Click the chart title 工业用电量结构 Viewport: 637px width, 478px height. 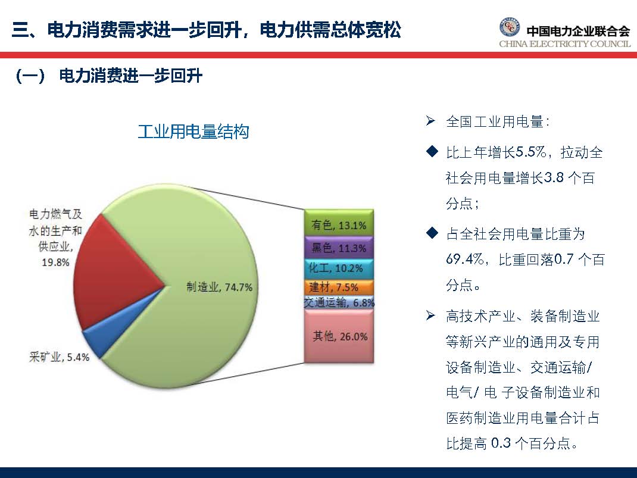[x=193, y=132]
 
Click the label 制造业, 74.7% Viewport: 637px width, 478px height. [x=219, y=287]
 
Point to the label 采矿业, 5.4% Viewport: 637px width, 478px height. [x=59, y=357]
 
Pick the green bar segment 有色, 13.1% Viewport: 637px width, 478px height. [x=338, y=225]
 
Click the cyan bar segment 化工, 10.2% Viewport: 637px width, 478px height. [x=338, y=268]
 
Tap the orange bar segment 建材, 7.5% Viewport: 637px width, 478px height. [x=338, y=288]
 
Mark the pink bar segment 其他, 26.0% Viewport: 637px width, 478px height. [x=338, y=336]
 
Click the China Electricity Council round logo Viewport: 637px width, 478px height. [x=510, y=28]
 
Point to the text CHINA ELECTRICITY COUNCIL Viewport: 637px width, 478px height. [x=564, y=44]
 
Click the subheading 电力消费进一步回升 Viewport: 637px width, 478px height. [x=131, y=77]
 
